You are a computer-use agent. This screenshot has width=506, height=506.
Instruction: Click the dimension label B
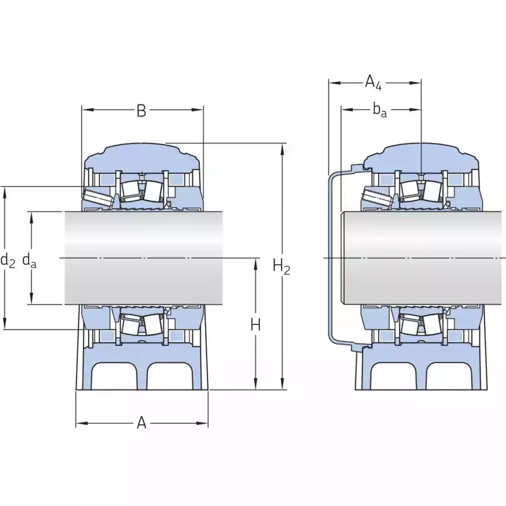[141, 110]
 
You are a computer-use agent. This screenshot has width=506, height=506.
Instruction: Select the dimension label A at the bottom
[141, 423]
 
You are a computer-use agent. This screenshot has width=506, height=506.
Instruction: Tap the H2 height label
[281, 266]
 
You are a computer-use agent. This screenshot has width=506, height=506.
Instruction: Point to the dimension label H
[256, 324]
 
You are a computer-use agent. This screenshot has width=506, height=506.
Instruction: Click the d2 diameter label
[8, 260]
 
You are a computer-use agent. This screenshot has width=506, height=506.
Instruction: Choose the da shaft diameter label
[29, 260]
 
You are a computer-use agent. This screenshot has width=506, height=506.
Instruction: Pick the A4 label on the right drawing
[373, 82]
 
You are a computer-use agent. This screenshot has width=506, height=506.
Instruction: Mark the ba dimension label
[379, 110]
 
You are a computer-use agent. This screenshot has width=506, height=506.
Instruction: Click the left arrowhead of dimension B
[87, 109]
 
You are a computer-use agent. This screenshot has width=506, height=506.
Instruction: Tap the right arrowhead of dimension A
[202, 423]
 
